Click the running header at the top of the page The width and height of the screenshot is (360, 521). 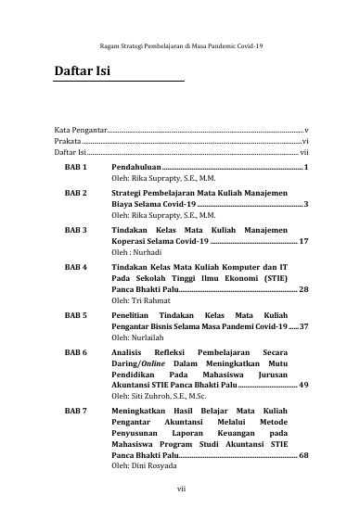click(x=179, y=44)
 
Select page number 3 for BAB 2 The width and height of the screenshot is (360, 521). click(x=305, y=203)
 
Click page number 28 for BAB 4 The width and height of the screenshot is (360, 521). click(x=303, y=289)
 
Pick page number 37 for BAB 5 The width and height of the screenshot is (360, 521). click(x=303, y=327)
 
